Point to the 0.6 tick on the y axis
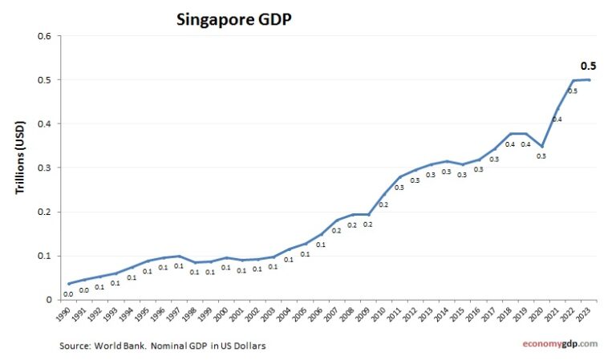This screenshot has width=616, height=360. coord(45,36)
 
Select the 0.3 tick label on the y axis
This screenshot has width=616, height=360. coord(45,168)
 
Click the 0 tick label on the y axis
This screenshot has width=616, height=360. coord(49,300)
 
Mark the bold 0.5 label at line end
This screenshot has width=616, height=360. coord(588,66)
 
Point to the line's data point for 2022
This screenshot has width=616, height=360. coord(575,80)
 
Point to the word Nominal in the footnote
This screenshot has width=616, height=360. coord(173,346)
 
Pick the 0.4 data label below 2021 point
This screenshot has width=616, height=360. coord(557,119)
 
